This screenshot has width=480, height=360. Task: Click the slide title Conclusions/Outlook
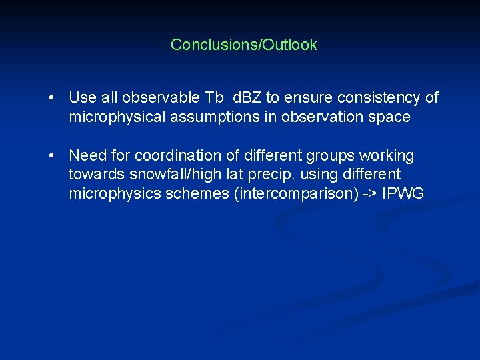tap(244, 45)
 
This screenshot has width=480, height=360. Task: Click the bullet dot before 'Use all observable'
tap(51, 98)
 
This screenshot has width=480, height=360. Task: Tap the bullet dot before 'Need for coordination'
tap(51, 156)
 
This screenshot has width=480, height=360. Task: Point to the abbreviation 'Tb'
tap(213, 97)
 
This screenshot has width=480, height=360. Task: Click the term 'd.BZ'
tap(247, 97)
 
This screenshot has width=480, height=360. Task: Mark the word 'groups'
tap(331, 155)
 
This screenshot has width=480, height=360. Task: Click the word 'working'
tap(387, 155)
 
